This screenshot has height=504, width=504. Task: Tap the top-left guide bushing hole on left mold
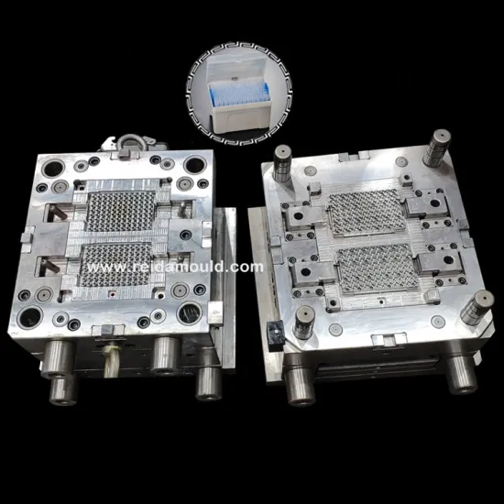[x=45, y=169]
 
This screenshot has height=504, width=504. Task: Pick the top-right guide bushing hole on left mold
[x=194, y=165]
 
